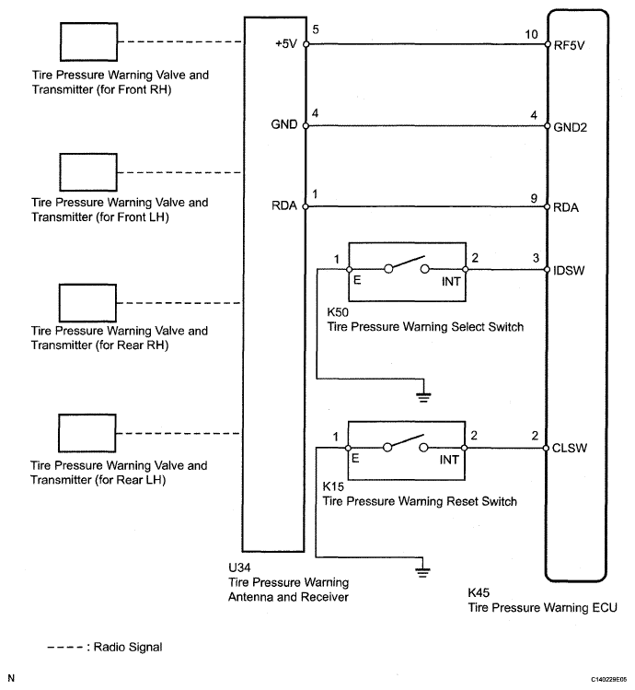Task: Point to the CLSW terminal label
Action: pyautogui.click(x=569, y=449)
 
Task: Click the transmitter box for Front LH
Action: pyautogui.click(x=87, y=171)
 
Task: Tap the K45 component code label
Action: pyautogui.click(x=479, y=593)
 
